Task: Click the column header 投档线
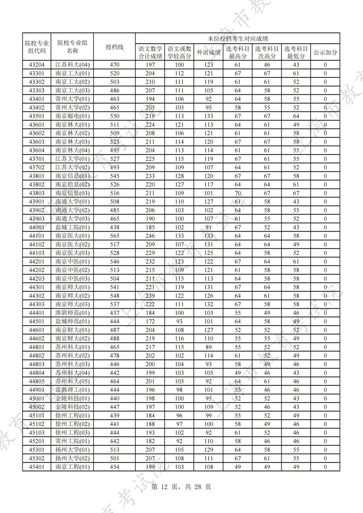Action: pos(115,47)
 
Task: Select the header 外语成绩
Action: pos(208,52)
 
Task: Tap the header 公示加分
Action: pos(325,52)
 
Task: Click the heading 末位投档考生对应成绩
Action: pos(237,39)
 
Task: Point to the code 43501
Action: pos(37,116)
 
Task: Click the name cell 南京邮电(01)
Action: pos(72,116)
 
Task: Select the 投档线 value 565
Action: pos(115,236)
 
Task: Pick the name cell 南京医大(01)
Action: pos(72,236)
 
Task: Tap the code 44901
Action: pos(37,390)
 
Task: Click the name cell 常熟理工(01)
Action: pos(72,390)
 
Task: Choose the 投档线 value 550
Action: pos(115,116)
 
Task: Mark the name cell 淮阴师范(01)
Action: pos(72,313)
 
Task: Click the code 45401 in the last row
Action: pos(37,467)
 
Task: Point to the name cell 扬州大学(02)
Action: pos(72,458)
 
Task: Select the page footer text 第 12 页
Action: pos(164,487)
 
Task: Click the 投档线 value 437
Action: pos(115,313)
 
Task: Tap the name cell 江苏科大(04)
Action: pos(72,65)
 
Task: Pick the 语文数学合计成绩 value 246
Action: pos(150,236)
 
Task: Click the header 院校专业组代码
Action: pos(37,47)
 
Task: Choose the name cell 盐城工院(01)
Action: pos(72,227)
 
